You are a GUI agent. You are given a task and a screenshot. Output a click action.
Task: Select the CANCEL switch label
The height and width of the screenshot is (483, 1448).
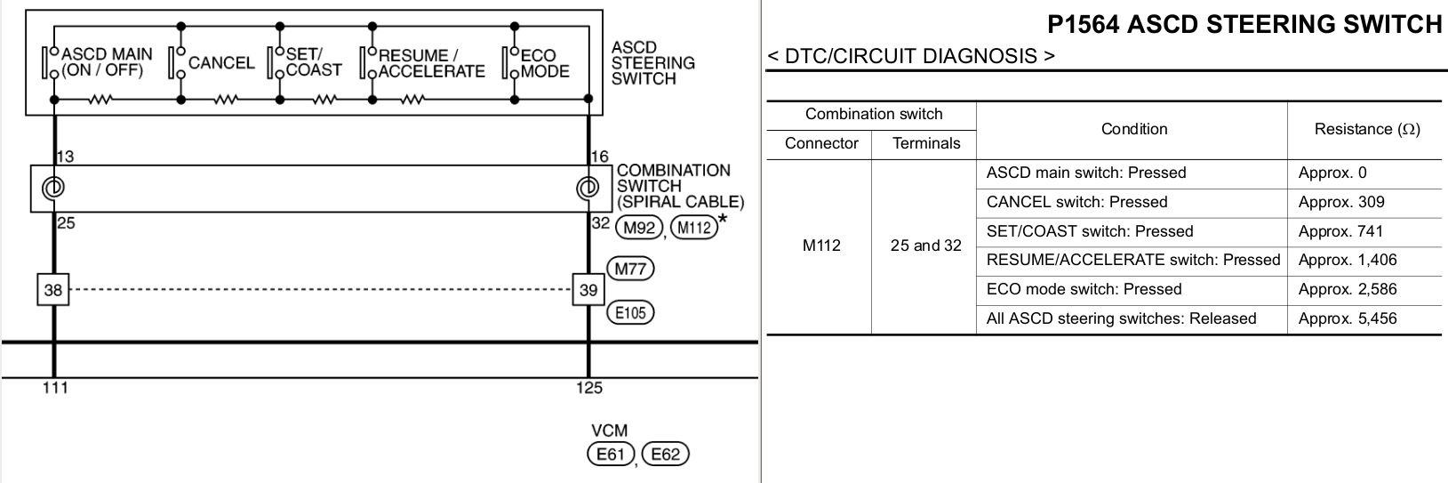point(221,63)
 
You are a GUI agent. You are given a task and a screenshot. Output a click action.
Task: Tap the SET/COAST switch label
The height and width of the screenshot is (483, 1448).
point(313,62)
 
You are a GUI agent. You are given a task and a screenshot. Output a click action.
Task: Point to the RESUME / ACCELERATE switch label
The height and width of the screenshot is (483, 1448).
point(431,63)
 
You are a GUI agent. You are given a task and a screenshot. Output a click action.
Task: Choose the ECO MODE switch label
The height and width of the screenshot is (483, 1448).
point(544,63)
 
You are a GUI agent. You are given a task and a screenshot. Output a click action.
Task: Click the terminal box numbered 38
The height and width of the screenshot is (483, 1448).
point(53,289)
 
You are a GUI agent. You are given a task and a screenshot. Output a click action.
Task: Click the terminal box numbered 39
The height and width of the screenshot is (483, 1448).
point(588,289)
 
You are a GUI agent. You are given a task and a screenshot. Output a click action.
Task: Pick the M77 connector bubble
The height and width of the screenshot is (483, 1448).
point(629,269)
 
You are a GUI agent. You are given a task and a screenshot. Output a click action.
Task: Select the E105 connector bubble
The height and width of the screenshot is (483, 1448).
point(629,312)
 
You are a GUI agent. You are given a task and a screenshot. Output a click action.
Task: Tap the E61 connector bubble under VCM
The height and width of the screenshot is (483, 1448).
point(610,455)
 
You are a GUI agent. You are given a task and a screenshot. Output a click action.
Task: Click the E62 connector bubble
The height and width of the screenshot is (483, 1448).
point(665,455)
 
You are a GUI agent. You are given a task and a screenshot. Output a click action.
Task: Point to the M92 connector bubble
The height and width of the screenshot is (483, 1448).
point(639,228)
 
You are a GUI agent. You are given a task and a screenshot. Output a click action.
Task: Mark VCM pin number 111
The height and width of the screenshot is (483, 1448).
point(55,387)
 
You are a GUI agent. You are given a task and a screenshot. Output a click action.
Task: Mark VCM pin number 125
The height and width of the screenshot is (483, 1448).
point(588,387)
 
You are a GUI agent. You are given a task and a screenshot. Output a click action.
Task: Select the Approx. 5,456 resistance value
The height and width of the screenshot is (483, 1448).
point(1348,318)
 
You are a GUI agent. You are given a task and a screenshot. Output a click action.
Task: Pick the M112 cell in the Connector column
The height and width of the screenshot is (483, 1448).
point(821,246)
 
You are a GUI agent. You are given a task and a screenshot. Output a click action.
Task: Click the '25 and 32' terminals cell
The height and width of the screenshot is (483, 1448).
point(925,246)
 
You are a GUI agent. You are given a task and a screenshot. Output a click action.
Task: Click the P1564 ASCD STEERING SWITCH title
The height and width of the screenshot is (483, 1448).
point(1244,24)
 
